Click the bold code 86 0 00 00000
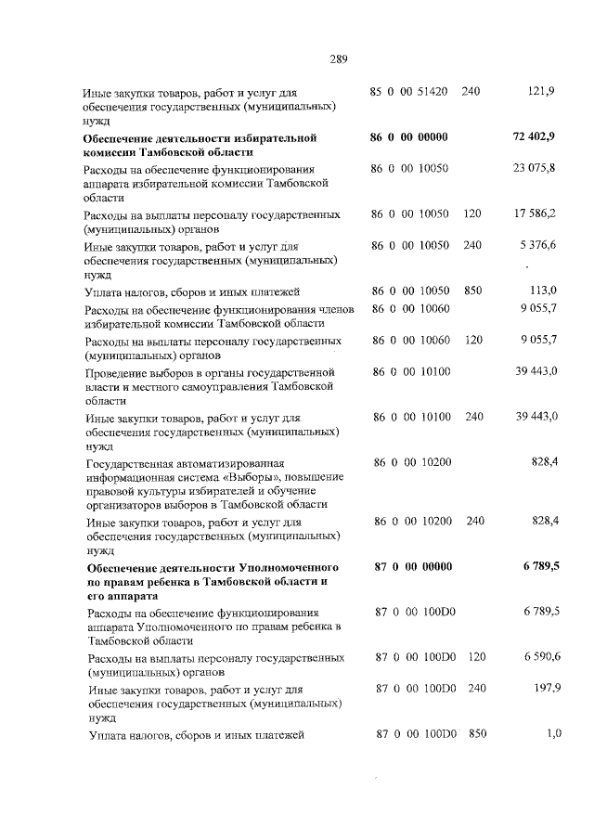[x=409, y=137]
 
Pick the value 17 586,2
[x=535, y=214]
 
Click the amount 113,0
[x=541, y=291]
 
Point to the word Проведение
[x=117, y=371]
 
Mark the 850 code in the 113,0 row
[x=473, y=291]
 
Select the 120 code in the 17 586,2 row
[x=472, y=214]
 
